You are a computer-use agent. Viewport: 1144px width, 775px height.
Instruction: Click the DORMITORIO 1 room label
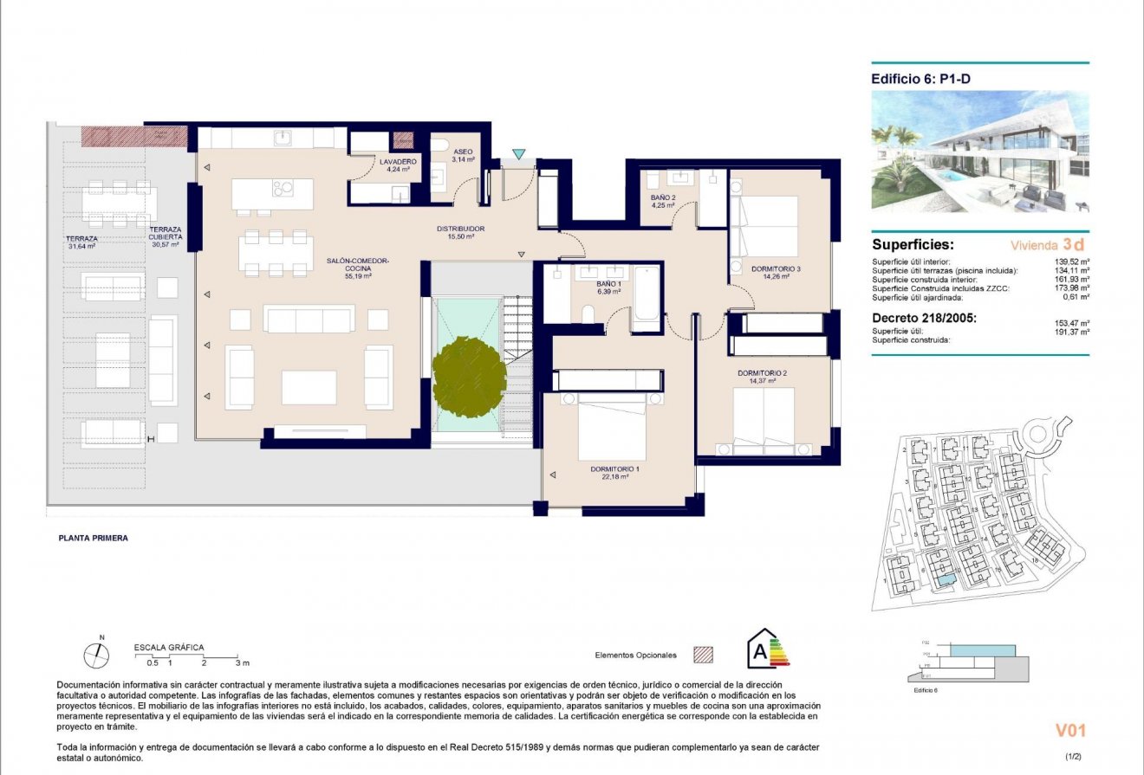[614, 468]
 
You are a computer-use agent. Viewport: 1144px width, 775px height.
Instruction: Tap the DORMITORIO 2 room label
[762, 373]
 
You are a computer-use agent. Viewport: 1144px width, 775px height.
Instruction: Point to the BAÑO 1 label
[608, 284]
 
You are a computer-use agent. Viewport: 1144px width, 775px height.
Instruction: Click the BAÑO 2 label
[664, 197]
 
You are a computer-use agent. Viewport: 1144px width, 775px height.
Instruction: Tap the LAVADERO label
[399, 162]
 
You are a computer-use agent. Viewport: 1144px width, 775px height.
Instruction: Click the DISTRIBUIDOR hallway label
[459, 229]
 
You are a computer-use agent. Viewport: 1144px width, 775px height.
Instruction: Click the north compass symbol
[97, 656]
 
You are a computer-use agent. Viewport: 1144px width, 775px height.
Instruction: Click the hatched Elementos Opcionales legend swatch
[702, 656]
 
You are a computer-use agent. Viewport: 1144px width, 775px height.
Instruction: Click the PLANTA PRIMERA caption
[93, 538]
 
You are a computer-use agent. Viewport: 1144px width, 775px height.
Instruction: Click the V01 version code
[1069, 730]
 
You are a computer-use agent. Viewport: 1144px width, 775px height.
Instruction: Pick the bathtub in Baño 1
[646, 298]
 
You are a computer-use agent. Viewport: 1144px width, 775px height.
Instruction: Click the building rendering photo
[980, 152]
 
